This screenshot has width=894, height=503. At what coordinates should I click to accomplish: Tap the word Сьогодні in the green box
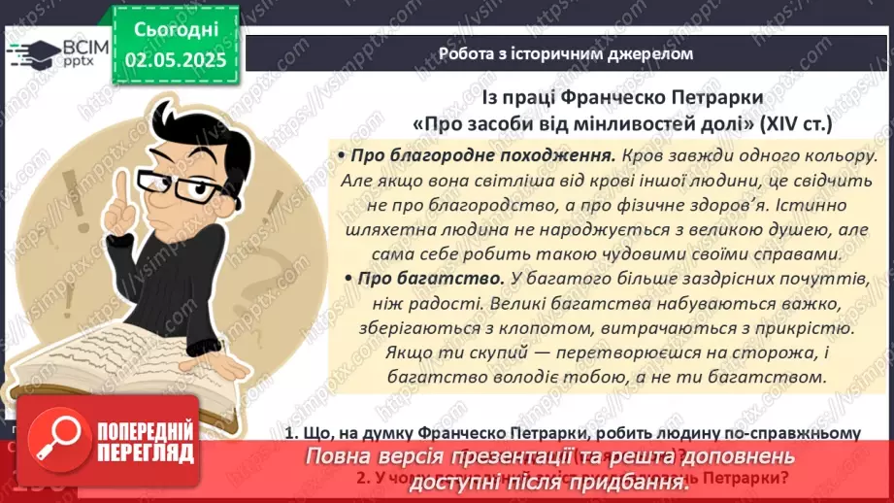176,30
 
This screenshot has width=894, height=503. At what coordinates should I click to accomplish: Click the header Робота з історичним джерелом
566,53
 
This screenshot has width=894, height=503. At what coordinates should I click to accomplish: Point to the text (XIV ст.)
795,124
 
